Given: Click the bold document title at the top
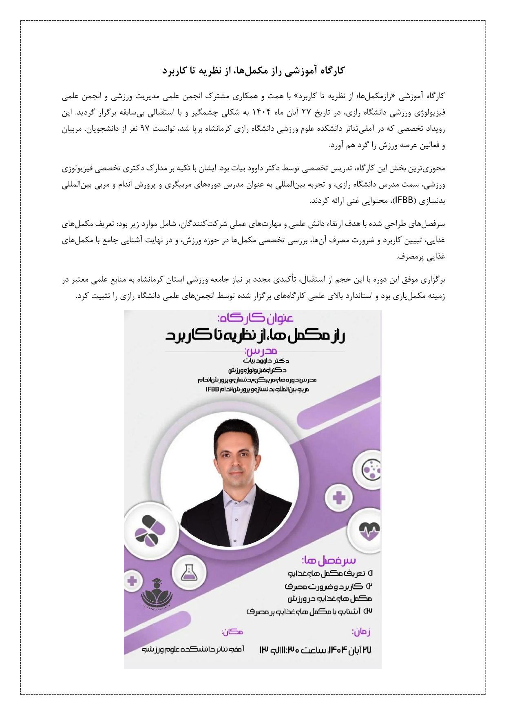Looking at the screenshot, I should point(253,71).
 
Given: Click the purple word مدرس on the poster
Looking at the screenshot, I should point(261,351).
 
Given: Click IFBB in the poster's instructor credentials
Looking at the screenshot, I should point(212,390).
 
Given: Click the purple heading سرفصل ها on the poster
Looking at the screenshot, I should point(329,559).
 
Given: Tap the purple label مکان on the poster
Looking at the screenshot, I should point(232,631).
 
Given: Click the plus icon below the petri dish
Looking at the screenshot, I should point(339,497).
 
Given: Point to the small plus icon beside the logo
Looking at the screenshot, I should point(132,580).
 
